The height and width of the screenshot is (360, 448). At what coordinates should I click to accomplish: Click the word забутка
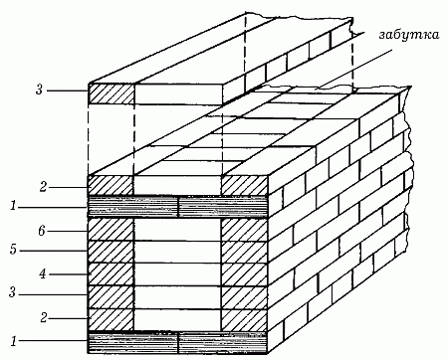(x=409, y=35)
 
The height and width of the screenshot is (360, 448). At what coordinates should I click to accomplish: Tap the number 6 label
(x=41, y=231)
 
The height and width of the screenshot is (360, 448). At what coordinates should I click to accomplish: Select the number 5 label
(x=13, y=250)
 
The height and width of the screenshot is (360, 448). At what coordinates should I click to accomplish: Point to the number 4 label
(x=43, y=273)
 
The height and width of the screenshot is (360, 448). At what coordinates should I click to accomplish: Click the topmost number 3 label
(x=39, y=90)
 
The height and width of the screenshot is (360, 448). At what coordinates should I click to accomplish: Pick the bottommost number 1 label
(x=14, y=341)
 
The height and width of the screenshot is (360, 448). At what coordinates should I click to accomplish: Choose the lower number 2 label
(x=44, y=318)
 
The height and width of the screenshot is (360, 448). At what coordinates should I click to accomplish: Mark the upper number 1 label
(x=13, y=206)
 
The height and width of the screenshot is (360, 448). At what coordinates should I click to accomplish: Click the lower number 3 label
(x=12, y=293)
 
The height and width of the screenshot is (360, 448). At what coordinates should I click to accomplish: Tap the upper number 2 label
(x=43, y=187)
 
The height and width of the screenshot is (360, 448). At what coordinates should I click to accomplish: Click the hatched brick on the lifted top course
(x=112, y=93)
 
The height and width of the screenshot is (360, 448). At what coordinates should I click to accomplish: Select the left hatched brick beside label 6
(x=111, y=230)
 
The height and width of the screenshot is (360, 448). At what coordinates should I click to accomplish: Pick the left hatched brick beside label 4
(x=111, y=274)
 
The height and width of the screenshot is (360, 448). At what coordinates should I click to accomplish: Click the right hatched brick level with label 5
(x=244, y=252)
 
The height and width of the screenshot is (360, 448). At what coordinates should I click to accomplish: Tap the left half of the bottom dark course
(x=133, y=342)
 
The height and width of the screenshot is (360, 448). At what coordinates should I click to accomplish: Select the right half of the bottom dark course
(x=223, y=342)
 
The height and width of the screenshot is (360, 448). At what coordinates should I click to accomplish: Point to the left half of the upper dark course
(x=133, y=207)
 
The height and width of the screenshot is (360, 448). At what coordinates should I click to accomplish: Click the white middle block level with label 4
(x=177, y=274)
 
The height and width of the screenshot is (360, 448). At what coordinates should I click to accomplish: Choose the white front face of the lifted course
(x=178, y=93)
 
